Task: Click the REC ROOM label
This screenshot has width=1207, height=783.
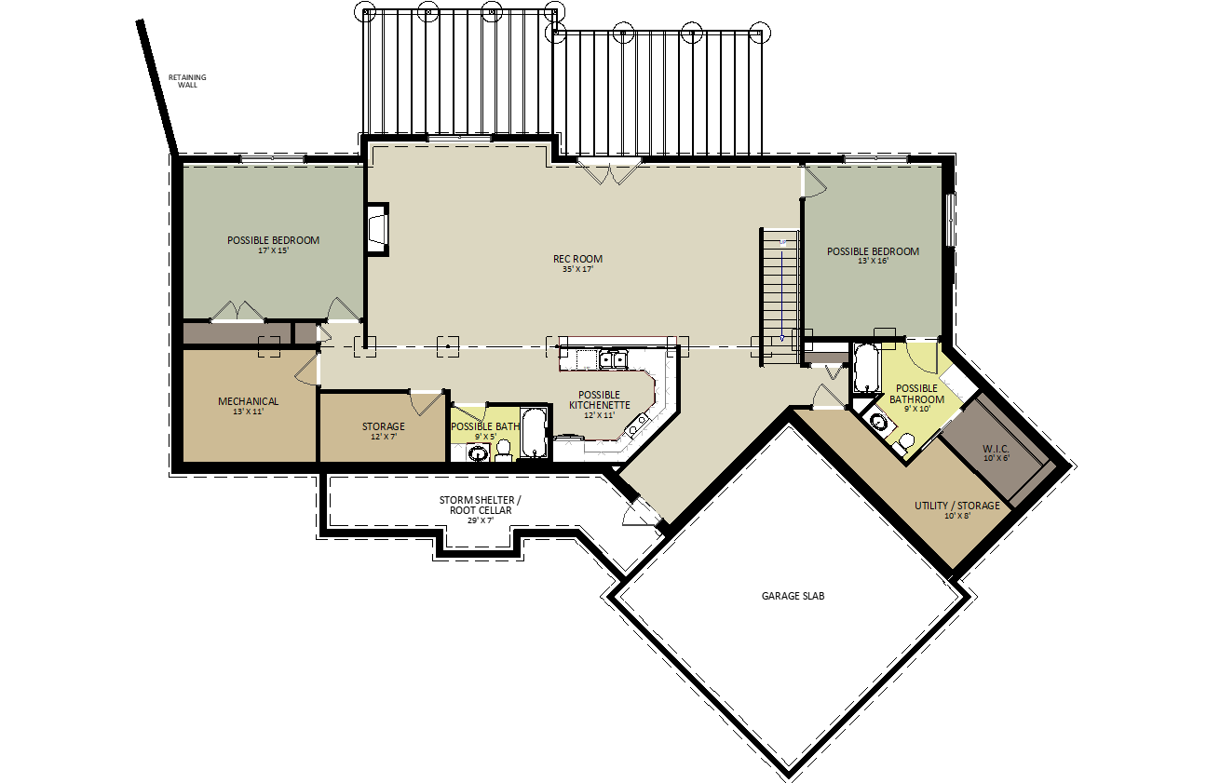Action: (x=577, y=259)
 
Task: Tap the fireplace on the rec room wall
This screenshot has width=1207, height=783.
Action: (x=377, y=229)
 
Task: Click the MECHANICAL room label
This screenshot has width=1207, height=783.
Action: (x=248, y=401)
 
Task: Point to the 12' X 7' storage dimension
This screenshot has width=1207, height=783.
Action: (x=384, y=436)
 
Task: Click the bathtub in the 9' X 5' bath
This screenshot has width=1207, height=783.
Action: (x=535, y=434)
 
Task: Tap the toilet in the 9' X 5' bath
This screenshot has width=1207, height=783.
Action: (x=504, y=450)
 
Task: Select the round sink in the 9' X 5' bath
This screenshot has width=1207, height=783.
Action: (x=478, y=453)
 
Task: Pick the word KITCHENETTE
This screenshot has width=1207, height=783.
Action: (x=599, y=405)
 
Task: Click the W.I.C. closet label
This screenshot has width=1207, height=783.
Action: (x=996, y=449)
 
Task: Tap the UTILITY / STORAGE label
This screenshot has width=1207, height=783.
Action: (x=956, y=506)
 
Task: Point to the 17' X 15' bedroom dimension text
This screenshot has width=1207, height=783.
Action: (x=273, y=250)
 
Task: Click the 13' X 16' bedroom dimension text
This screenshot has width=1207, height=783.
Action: (x=873, y=262)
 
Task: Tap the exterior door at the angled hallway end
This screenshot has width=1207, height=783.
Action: (x=642, y=512)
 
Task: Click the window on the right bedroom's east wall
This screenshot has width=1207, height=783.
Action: (x=951, y=220)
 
